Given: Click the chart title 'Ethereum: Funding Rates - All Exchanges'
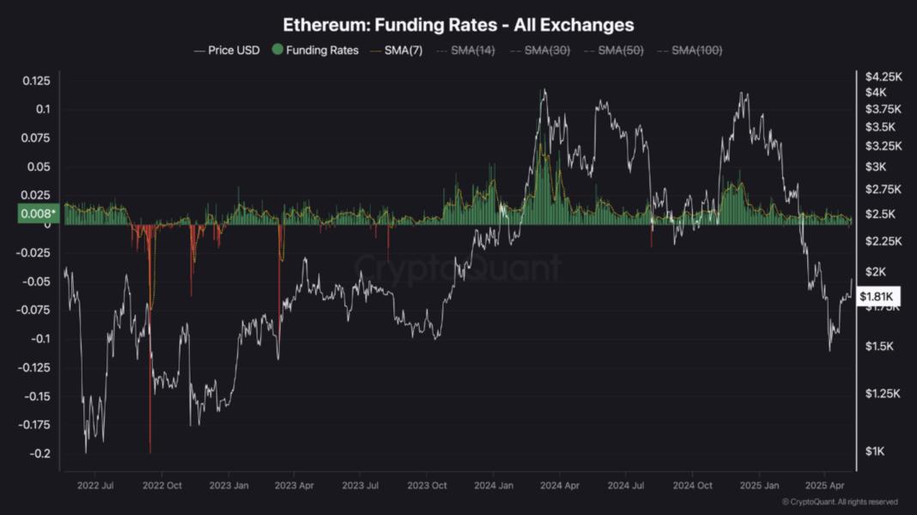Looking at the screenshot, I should (458, 25).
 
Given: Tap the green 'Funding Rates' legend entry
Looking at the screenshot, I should (315, 50).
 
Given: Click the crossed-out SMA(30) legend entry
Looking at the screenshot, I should (543, 50).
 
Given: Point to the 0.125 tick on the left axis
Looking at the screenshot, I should (36, 81).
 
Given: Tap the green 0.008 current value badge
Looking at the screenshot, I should (37, 214).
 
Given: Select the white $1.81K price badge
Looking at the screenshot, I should (878, 297).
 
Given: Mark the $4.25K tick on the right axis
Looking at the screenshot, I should (884, 76).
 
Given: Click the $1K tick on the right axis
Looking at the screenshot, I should (875, 451).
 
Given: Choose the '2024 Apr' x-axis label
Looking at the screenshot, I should (558, 486).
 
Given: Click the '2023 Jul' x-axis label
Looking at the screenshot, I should (360, 486).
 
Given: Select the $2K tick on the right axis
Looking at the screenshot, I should (877, 272).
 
